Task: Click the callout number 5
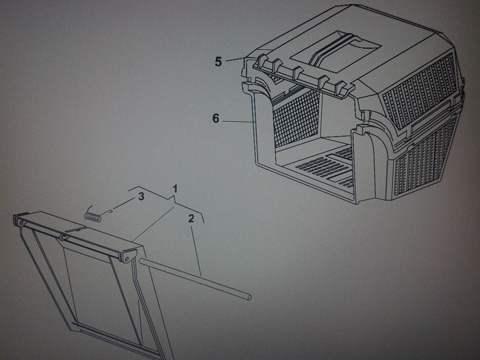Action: pos(218,61)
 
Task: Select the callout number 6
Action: pos(216,118)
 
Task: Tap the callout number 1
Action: pos(175,189)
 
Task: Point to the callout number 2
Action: pos(191,218)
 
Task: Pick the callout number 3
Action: pos(141,196)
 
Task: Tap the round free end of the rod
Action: pos(249,296)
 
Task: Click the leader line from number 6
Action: pos(237,121)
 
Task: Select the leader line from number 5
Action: pos(235,59)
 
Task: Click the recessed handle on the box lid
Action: pos(335,51)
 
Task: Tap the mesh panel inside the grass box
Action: pos(295,118)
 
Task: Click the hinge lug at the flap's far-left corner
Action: pos(19,221)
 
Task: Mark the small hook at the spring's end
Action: pos(111,210)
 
